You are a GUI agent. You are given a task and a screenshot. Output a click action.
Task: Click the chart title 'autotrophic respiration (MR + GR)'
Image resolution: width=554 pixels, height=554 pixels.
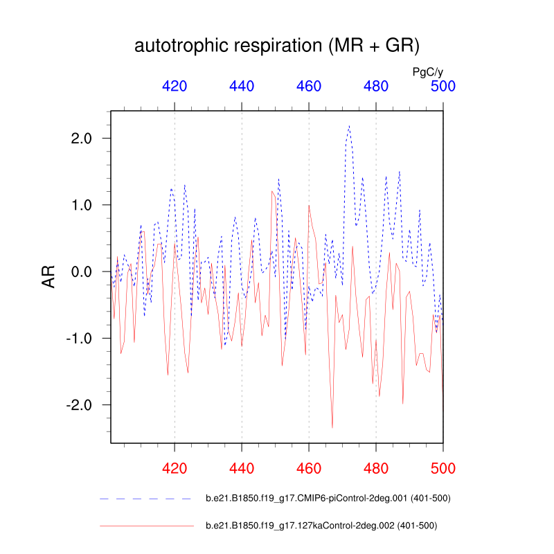coord(277,46)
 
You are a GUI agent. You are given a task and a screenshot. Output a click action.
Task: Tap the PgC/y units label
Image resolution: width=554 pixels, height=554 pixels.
coord(427,71)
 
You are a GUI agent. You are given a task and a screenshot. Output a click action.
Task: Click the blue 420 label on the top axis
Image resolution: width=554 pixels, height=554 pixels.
coord(175,86)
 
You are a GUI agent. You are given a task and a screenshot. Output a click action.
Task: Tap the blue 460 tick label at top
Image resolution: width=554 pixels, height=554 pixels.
coord(309,86)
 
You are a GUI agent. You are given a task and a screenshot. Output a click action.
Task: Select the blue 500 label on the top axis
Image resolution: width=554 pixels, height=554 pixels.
coord(443,86)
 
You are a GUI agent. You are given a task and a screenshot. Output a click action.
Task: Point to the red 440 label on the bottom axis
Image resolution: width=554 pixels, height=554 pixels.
coord(242,467)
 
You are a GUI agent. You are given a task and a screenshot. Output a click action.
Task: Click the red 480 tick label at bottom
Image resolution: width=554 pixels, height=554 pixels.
coord(376,467)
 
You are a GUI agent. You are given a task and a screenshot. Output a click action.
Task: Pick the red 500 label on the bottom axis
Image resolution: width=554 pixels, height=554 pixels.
coord(443,467)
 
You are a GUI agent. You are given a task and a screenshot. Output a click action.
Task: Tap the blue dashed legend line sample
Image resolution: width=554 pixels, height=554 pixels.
coord(145,499)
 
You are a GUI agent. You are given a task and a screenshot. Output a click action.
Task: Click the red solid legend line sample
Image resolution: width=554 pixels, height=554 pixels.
coord(145,526)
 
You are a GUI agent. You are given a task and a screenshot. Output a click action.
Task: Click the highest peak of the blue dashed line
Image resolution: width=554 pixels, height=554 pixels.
coord(349,126)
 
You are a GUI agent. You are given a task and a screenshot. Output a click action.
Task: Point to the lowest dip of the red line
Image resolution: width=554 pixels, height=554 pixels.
coord(332,427)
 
